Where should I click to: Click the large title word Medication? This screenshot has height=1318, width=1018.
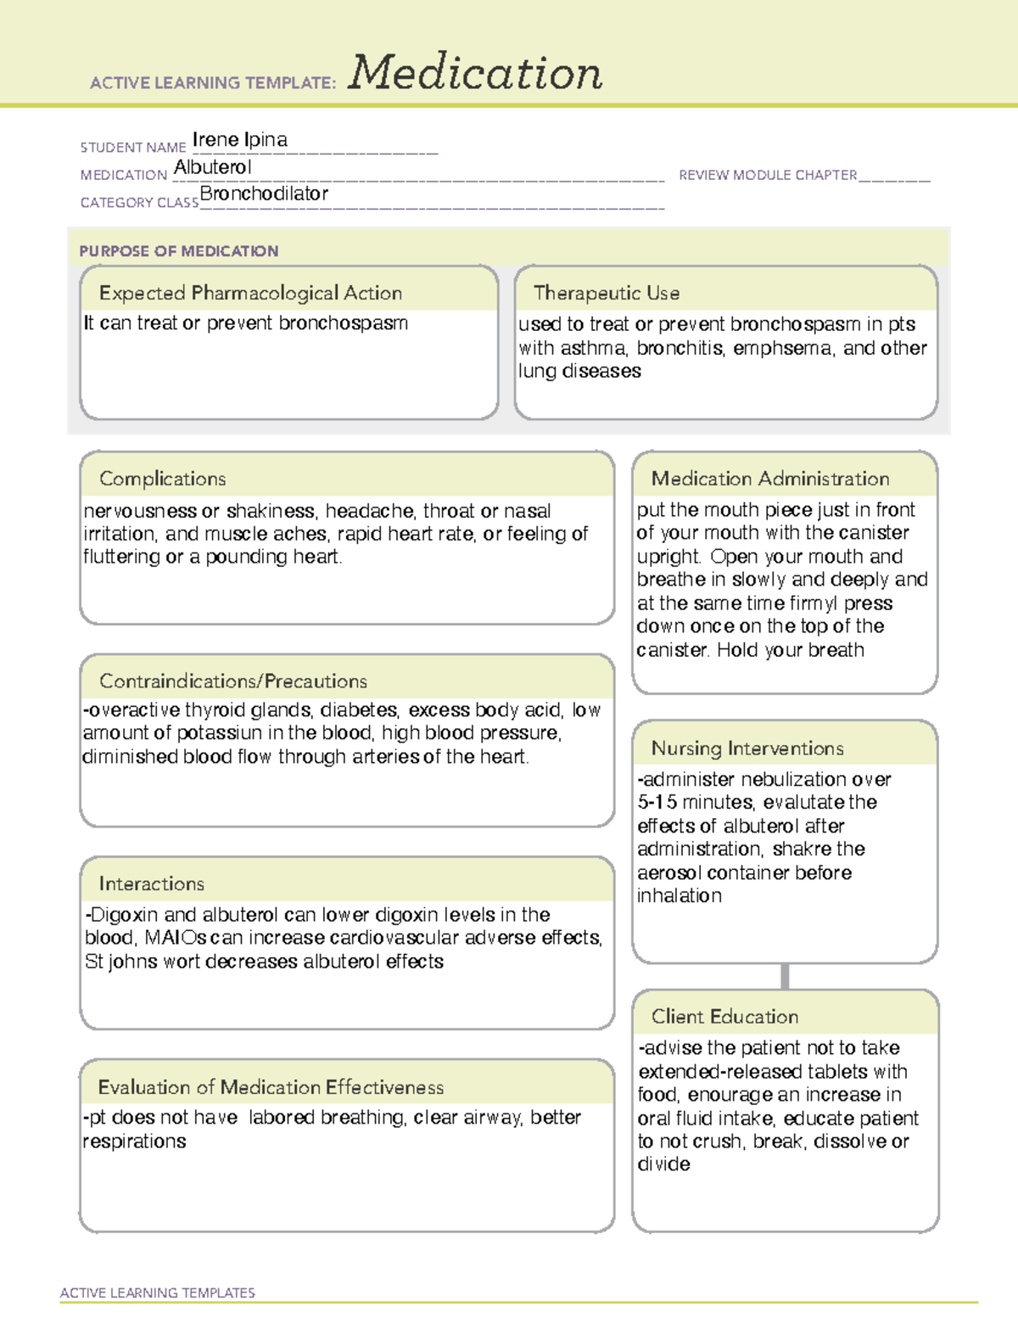coord(475,73)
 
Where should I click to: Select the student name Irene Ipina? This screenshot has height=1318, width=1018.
coord(240,140)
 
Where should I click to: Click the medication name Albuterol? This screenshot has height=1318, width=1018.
coord(213,168)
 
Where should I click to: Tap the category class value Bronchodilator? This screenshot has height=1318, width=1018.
coord(264,194)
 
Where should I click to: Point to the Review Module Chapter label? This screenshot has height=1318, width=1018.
coord(768,176)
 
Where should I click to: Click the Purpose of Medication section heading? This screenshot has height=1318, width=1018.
coord(179,251)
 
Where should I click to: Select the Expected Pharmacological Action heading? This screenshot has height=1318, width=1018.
coord(250,294)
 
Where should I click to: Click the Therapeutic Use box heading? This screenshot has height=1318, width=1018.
coord(607,294)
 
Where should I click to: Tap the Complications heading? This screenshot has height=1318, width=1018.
coord(163,480)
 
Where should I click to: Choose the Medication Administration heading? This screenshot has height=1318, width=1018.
coord(770,480)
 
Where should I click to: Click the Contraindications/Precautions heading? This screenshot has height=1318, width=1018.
coord(233,681)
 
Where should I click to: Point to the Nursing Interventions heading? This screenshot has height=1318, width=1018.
coord(747,749)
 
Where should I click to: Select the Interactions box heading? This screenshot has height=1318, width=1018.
coord(152,884)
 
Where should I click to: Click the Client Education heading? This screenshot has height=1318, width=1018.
coord(725,1017)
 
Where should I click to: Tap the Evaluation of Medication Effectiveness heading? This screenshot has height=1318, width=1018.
coord(271,1088)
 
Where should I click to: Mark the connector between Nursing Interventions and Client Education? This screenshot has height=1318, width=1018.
coord(785,977)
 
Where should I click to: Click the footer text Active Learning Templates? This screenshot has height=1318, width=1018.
coord(158,1293)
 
